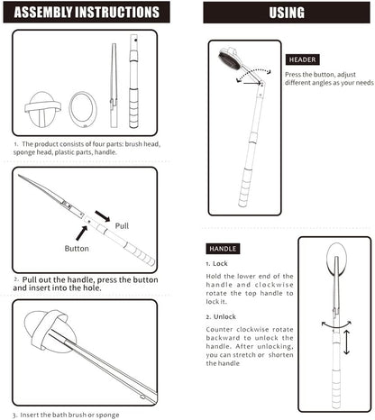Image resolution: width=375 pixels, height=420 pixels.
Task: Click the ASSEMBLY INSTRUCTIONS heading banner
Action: coord(87,14)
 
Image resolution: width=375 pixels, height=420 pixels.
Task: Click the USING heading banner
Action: coord(287,14)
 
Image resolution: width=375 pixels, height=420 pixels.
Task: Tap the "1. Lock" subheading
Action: coord(216,263)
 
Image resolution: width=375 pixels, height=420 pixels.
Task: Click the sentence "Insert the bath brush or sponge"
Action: coord(72,415)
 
